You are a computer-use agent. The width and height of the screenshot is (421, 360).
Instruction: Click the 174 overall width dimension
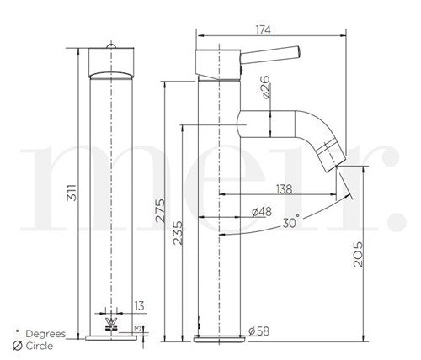263,29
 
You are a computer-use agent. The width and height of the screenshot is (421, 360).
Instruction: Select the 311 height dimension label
72,193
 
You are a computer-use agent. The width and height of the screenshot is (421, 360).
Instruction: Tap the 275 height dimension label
161,210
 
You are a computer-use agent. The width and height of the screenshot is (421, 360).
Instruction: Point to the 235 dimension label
178,233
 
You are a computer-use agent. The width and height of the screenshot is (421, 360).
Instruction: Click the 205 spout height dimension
358,254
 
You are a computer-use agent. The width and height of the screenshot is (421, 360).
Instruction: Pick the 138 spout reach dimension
284,189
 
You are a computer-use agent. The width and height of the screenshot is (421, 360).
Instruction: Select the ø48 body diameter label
262,212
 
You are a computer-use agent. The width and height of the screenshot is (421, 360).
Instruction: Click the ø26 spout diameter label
265,87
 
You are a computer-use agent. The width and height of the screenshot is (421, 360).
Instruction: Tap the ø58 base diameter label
258,331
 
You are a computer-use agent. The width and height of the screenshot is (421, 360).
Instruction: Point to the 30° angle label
290,222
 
